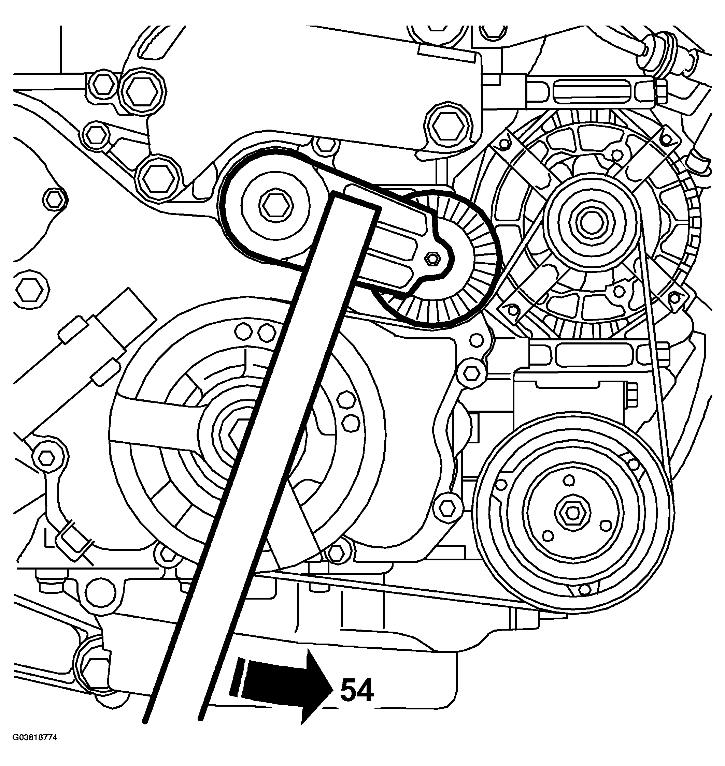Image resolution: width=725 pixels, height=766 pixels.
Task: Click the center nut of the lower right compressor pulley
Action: pyautogui.click(x=572, y=512)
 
